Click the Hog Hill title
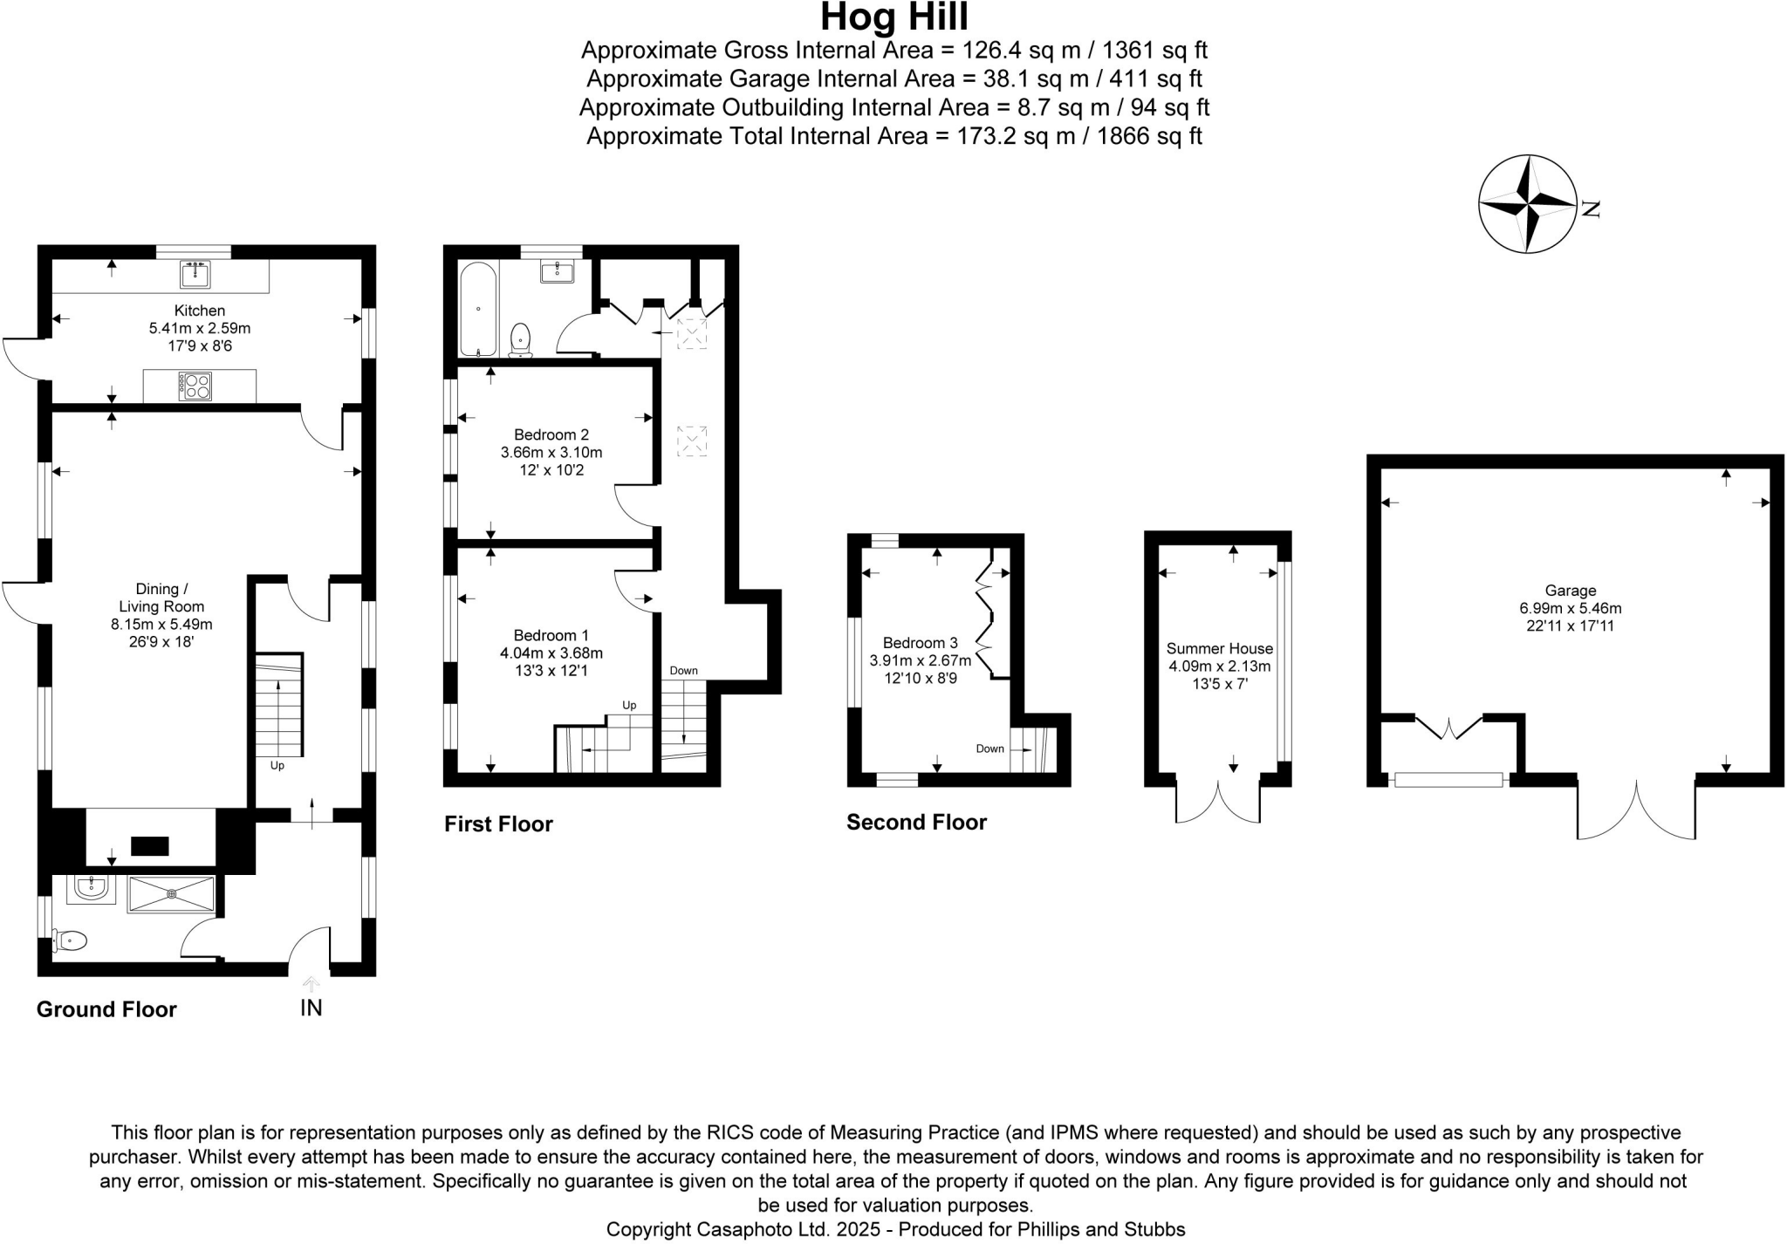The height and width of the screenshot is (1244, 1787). pyautogui.click(x=893, y=17)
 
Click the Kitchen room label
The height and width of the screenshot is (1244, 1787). pyautogui.click(x=200, y=311)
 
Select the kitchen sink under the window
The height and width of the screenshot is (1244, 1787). pyautogui.click(x=195, y=274)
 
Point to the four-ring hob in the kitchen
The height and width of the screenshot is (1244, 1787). pyautogui.click(x=195, y=386)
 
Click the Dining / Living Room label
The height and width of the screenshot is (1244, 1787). pyautogui.click(x=158, y=598)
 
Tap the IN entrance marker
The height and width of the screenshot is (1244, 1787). pyautogui.click(x=312, y=1008)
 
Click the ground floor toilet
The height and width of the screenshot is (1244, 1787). pyautogui.click(x=72, y=940)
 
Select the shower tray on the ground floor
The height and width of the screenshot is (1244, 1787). pyautogui.click(x=171, y=894)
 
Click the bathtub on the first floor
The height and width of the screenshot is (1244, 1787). pyautogui.click(x=478, y=310)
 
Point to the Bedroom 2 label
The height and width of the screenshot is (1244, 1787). pyautogui.click(x=551, y=434)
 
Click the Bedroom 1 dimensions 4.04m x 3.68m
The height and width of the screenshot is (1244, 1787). pyautogui.click(x=551, y=653)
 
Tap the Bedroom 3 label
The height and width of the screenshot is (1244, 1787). pyautogui.click(x=920, y=643)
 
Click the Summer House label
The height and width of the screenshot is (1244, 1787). pyautogui.click(x=1219, y=648)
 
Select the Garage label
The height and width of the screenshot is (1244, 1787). pyautogui.click(x=1570, y=591)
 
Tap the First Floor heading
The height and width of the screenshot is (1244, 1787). pyautogui.click(x=498, y=824)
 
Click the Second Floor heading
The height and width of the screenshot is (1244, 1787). pyautogui.click(x=916, y=822)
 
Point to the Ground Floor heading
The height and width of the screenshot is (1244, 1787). pyautogui.click(x=106, y=1009)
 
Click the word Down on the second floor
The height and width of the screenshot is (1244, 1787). pyautogui.click(x=989, y=748)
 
